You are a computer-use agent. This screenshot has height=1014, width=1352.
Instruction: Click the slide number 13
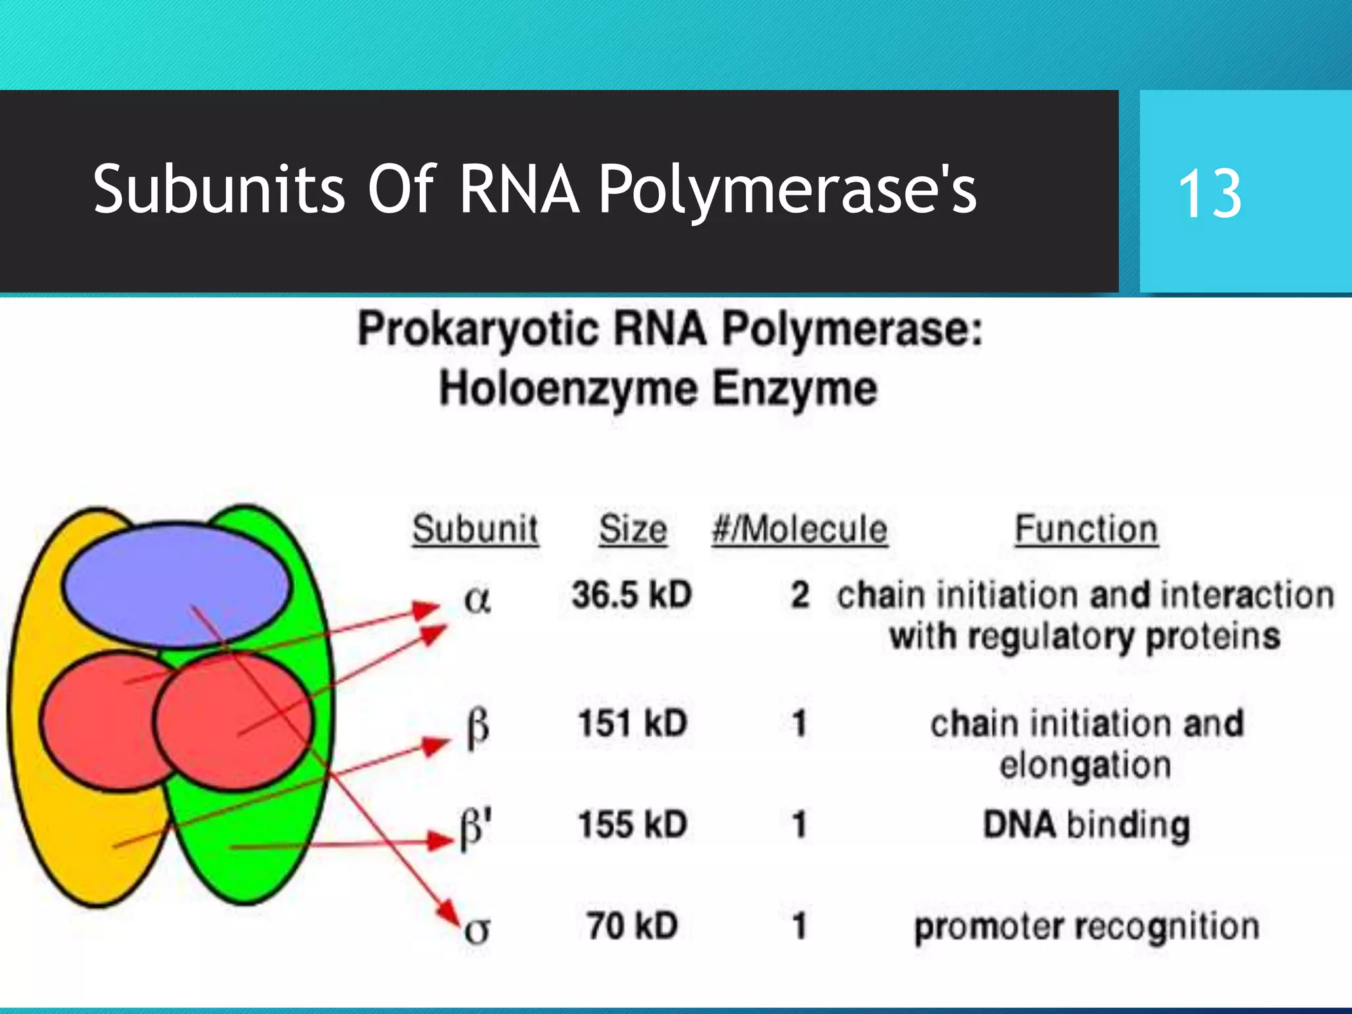tap(1209, 193)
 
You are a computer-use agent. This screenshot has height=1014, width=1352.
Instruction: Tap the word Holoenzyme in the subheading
tap(568, 388)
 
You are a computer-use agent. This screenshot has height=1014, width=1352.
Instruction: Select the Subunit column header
tap(475, 529)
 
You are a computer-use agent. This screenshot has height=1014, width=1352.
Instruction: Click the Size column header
tap(632, 529)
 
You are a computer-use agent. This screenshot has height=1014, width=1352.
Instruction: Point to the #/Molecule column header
tap(799, 529)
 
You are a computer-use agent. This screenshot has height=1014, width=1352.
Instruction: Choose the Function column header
tap(1087, 529)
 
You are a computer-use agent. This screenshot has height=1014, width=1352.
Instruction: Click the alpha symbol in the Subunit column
tap(477, 599)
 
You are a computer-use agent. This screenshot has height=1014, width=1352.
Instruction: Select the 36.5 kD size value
tap(632, 594)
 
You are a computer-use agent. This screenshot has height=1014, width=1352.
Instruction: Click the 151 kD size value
tap(632, 723)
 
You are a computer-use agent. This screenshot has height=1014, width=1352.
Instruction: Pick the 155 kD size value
tap(632, 825)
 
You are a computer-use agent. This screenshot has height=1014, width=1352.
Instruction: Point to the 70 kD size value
tap(632, 926)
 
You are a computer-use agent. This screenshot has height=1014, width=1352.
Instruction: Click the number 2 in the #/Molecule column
tap(800, 594)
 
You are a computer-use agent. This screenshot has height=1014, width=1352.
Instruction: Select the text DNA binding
tap(1087, 825)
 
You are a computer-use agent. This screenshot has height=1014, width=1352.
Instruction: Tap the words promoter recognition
tap(1087, 927)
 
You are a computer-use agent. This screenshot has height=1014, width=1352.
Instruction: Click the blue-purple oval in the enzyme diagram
tap(177, 584)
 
